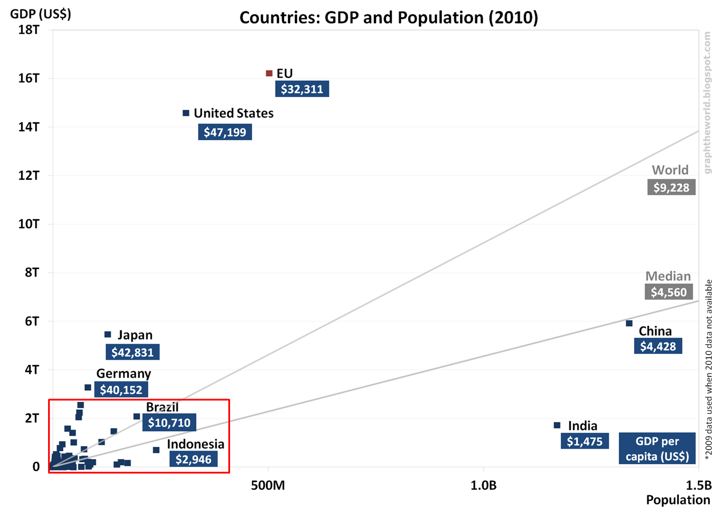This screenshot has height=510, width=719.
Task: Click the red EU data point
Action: click(x=269, y=73)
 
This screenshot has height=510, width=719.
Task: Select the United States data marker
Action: click(x=186, y=113)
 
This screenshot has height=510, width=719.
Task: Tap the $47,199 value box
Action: click(x=225, y=132)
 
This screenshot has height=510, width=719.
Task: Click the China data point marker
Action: click(x=629, y=323)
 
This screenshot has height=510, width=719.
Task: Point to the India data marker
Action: click(x=557, y=425)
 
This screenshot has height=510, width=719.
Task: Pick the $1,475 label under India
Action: click(x=585, y=441)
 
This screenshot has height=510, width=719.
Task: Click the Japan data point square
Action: click(x=108, y=334)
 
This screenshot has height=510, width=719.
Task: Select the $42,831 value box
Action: click(x=133, y=352)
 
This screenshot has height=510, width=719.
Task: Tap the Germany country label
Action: click(x=124, y=373)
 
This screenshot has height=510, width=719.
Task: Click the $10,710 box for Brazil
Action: click(x=169, y=422)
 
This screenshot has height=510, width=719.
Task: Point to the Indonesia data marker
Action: click(x=156, y=450)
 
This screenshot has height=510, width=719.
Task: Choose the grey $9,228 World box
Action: click(x=671, y=187)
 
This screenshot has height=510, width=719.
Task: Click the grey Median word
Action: click(x=668, y=276)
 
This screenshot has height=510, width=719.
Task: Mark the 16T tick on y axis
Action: click(x=29, y=78)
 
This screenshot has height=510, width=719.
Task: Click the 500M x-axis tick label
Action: click(x=268, y=486)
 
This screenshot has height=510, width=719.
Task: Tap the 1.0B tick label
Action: click(x=484, y=486)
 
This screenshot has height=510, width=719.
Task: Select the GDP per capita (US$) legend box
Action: click(x=657, y=448)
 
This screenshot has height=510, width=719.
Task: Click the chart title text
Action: click(x=389, y=18)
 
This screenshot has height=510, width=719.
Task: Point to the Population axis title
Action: click(x=678, y=500)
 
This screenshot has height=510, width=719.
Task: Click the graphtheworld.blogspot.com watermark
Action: click(x=707, y=102)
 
